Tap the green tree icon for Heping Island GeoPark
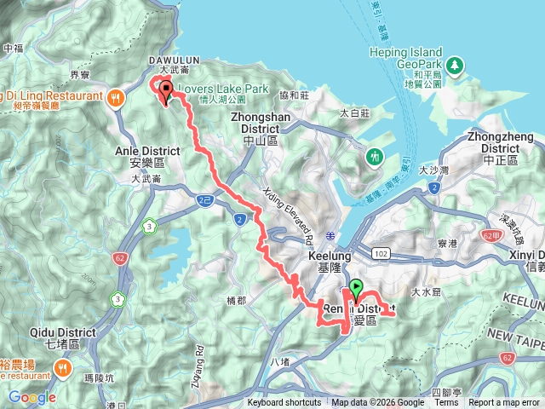click(x=456, y=65)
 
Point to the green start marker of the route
click(x=355, y=290)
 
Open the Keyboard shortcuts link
click(x=284, y=403)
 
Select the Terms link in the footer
click(x=445, y=403)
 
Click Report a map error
click(x=504, y=403)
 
